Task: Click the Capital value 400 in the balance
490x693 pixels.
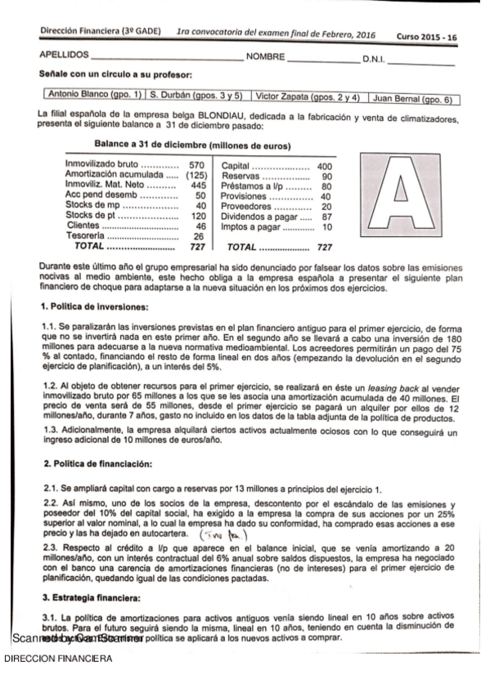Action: coord(324,166)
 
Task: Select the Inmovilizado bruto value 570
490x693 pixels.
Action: coord(196,166)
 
